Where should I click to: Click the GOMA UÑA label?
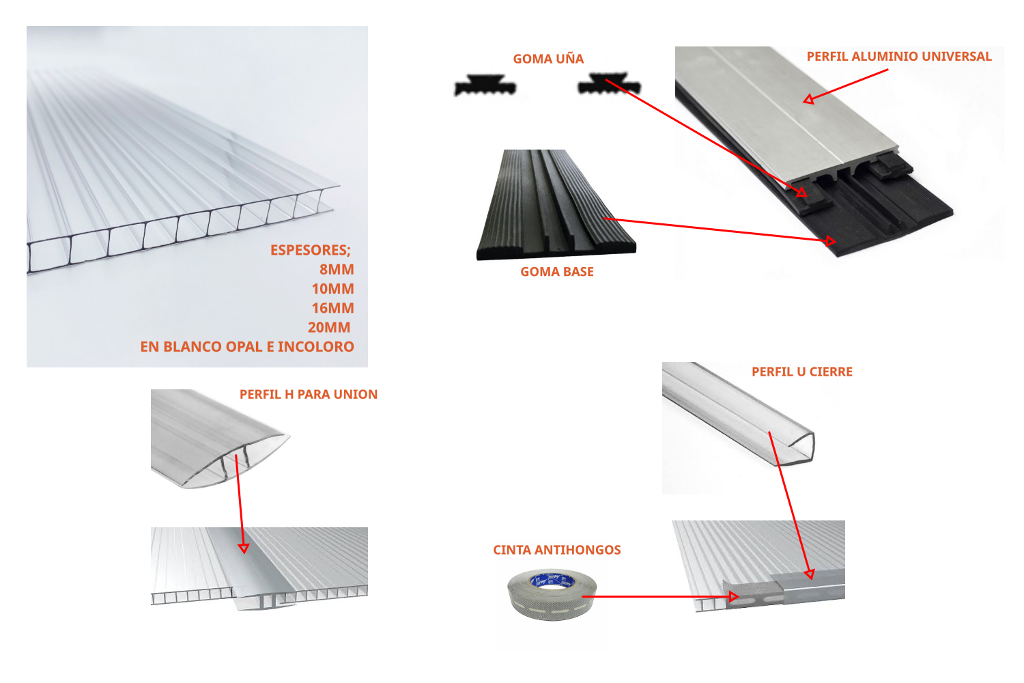click(x=548, y=59)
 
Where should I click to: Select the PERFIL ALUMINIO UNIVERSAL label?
click(x=899, y=56)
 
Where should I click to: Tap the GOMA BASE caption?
click(x=557, y=272)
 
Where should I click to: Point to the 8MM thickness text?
click(x=337, y=270)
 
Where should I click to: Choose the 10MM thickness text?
click(x=333, y=289)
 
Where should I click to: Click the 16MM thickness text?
click(x=333, y=308)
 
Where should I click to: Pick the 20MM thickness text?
click(x=329, y=328)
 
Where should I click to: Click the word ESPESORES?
click(x=309, y=250)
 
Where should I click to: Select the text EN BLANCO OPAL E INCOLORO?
click(x=247, y=347)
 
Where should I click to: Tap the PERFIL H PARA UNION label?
click(x=309, y=394)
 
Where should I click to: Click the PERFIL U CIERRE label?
click(x=802, y=372)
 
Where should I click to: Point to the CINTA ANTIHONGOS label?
click(x=557, y=550)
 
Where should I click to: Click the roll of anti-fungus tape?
click(x=552, y=595)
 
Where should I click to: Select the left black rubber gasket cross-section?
click(x=485, y=85)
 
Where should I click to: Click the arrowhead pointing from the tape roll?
click(x=734, y=596)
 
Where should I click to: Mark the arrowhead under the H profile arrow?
click(x=244, y=548)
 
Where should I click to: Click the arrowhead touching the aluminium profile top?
click(x=808, y=99)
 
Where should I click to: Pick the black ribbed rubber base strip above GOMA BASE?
click(x=556, y=205)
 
